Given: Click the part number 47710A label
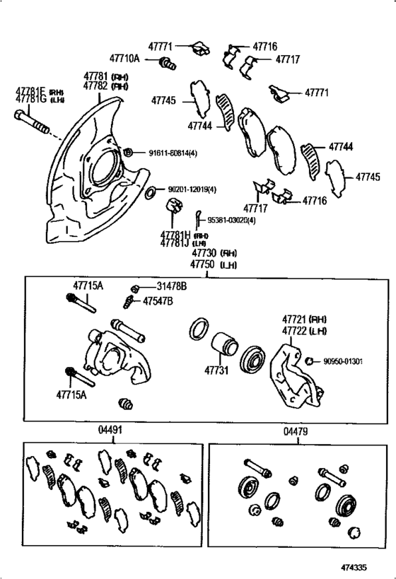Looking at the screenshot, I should [x=124, y=61].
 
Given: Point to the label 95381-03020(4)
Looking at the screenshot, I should [x=231, y=221].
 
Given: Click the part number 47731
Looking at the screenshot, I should [x=217, y=369].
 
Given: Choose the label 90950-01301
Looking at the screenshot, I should [x=342, y=362].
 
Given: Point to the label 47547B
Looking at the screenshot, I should [x=158, y=301].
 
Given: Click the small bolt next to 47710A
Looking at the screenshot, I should [x=168, y=64].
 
